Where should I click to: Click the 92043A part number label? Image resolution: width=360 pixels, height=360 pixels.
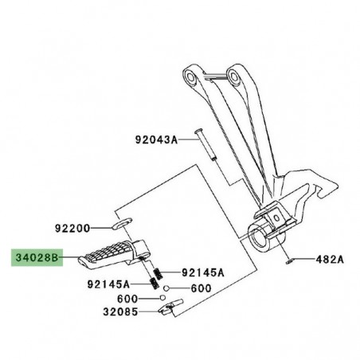(x=156, y=139)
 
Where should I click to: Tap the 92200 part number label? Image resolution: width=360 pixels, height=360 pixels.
(x=72, y=229)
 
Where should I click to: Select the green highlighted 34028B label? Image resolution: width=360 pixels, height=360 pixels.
(x=37, y=257)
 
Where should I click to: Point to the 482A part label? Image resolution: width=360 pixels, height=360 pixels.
(x=330, y=259)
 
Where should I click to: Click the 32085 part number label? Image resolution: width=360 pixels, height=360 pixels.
(x=120, y=311)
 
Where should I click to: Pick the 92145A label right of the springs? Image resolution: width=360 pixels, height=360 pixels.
(x=203, y=272)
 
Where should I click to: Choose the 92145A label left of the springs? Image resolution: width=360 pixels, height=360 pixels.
(x=108, y=284)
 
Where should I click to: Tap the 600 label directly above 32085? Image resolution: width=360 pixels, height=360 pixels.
(x=127, y=299)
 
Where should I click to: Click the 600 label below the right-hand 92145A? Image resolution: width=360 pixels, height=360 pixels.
(x=201, y=288)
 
